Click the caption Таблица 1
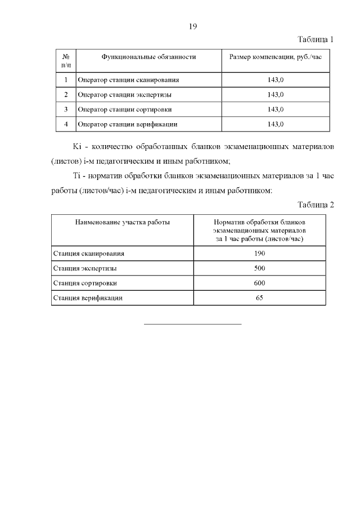[315, 40]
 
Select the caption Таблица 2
[315, 204]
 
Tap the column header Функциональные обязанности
[148, 57]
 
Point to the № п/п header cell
[66, 61]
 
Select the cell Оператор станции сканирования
[124, 80]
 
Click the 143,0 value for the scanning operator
[276, 80]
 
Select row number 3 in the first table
[66, 109]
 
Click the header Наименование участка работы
[122, 222]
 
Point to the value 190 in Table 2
[259, 253]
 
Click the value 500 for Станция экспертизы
[259, 268]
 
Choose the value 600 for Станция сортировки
[259, 283]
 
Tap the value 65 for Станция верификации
[259, 298]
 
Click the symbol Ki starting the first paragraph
[78, 147]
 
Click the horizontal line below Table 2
[193, 324]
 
